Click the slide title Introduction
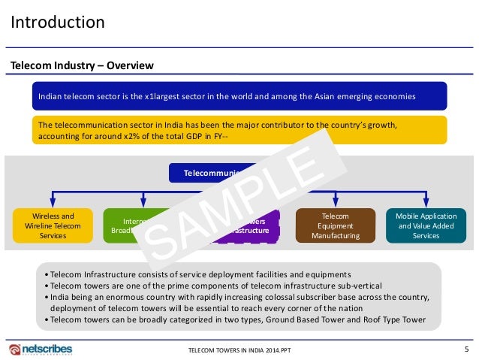[57, 22]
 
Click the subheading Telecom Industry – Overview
[82, 65]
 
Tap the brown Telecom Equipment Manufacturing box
[334, 225]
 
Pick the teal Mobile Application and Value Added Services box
[426, 225]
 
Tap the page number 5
[467, 349]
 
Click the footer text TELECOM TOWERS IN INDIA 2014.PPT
[239, 351]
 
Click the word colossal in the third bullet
[296, 297]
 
